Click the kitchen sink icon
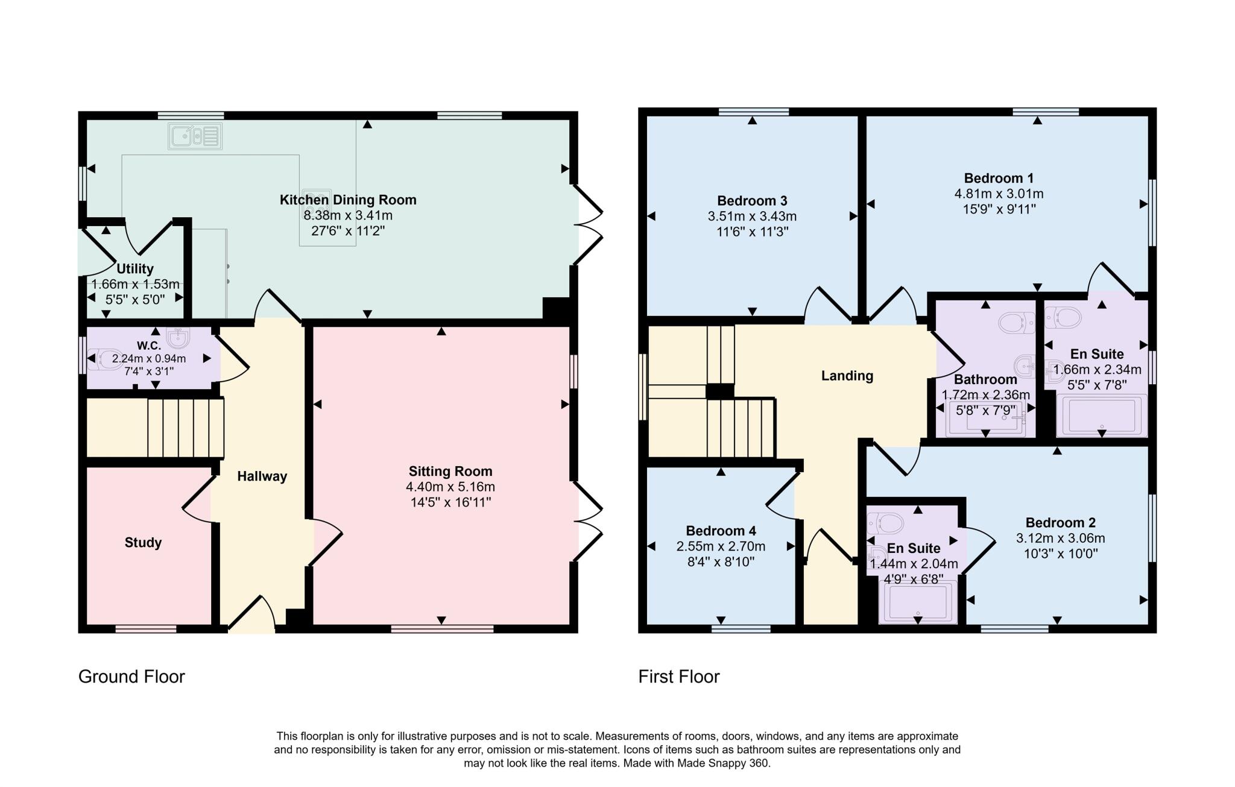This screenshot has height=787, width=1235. pos(195,136)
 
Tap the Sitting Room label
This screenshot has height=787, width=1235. pos(450,472)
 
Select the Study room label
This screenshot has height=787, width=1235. pos(143,543)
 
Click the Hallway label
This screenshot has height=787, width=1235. pos(262,476)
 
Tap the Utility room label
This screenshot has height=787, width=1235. pos(135,269)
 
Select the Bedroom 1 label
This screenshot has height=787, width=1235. pos(999,179)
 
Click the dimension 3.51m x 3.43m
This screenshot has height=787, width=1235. pos(752,217)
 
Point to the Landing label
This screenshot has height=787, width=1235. pos(847,376)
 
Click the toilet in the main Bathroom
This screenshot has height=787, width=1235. pos(1017,323)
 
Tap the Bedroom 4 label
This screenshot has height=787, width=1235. pos(721,531)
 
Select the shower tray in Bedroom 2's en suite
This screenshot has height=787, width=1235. pos(918,601)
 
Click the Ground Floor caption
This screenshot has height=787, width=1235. pos(131,677)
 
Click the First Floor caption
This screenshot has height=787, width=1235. pos(679,677)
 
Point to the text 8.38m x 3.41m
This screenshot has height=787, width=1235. pos(348,216)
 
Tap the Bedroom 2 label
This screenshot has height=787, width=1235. pos(1060,523)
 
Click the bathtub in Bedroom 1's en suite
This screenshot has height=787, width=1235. pos(1102,414)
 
